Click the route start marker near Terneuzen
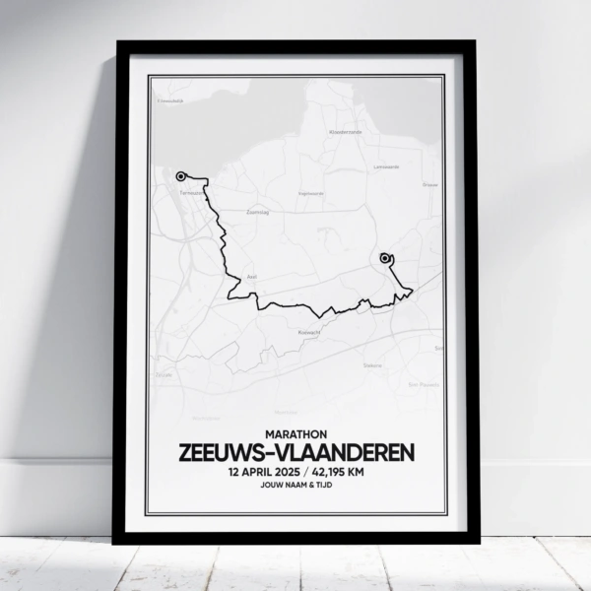coord(180,176)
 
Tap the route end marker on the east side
coord(384,259)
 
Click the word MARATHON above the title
coord(295,430)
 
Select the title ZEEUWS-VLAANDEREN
coord(295,451)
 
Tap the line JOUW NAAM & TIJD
coord(295,487)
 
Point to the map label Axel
coord(250,277)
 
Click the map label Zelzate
coord(164,375)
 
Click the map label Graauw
coord(428,183)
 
